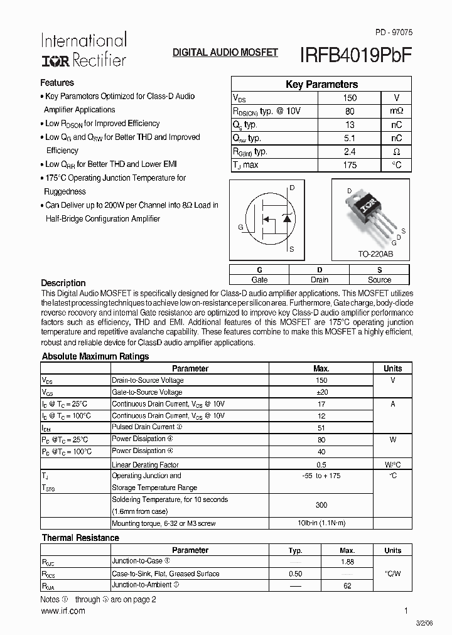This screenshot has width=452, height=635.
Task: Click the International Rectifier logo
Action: point(83,50)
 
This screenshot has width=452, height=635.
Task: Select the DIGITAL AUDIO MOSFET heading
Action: point(225,53)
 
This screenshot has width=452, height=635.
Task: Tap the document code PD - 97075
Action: point(393,31)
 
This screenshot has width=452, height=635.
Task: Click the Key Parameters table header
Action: point(321,84)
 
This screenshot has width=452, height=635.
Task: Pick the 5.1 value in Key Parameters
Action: point(350,138)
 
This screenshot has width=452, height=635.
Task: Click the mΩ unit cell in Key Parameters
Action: point(396,111)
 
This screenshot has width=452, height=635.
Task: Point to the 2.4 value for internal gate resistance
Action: point(350,152)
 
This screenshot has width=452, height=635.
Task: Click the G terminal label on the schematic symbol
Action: point(240,227)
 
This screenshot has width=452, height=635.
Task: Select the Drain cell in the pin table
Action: point(320,280)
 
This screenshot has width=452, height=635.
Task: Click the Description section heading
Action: point(63,283)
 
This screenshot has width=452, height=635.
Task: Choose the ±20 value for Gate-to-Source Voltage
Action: point(321,392)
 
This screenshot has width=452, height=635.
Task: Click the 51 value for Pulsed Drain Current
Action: point(321,427)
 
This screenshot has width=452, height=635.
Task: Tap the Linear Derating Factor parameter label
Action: point(145,465)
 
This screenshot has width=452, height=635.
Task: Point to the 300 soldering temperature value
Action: point(321,505)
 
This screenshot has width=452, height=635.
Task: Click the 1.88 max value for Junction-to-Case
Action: point(347,562)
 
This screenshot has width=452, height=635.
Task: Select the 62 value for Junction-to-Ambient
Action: point(347,585)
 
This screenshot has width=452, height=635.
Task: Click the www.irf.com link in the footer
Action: point(63,611)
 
